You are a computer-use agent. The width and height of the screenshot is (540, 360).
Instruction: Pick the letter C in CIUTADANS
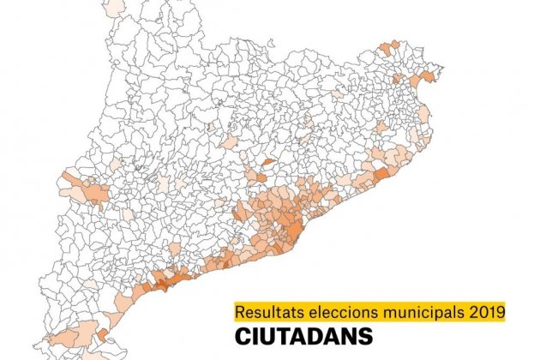coord(243,333)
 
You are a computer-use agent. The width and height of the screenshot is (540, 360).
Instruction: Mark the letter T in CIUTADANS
coord(283,333)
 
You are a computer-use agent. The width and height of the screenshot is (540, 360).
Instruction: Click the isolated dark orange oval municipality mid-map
coord(267,160)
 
